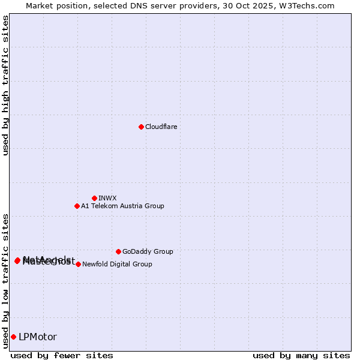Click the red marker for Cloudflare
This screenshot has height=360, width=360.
141,127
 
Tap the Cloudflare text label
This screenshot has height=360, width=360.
161,127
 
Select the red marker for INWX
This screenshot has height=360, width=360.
94,198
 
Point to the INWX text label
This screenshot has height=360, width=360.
107,198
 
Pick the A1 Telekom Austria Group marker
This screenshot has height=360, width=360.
77,206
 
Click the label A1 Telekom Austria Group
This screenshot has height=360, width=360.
122,206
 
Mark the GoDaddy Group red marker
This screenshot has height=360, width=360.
118,251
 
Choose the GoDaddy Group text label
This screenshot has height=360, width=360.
148,252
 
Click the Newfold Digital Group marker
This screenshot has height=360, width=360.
78,264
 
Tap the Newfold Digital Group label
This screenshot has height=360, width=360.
117,264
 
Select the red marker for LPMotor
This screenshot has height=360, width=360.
13,337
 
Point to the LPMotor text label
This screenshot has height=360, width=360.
38,337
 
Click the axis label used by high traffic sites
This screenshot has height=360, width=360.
5,85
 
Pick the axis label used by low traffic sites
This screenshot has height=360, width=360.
5,280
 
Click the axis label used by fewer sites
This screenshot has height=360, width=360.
62,356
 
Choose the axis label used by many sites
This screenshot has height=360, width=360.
301,356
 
